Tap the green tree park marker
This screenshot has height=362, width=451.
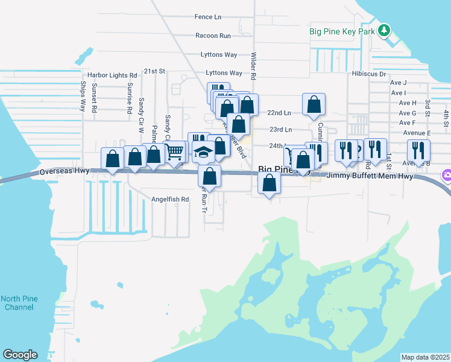pyautogui.click(x=384, y=31)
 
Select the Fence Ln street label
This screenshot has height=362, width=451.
pyautogui.click(x=208, y=17)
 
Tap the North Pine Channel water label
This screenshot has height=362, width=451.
pyautogui.click(x=17, y=303)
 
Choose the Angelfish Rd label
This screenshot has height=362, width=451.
pyautogui.click(x=170, y=199)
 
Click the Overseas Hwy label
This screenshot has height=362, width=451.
pyautogui.click(x=65, y=171)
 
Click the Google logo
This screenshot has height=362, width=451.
pyautogui.click(x=20, y=355)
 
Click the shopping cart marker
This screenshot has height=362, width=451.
pyautogui.click(x=174, y=150)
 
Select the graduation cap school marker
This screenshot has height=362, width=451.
pyautogui.click(x=204, y=152)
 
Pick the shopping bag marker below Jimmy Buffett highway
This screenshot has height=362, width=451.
pyautogui.click(x=270, y=182)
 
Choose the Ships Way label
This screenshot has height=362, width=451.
pyautogui.click(x=83, y=97)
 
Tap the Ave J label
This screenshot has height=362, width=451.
pyautogui.click(x=399, y=83)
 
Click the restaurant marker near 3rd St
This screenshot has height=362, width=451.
pyautogui.click(x=418, y=149)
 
